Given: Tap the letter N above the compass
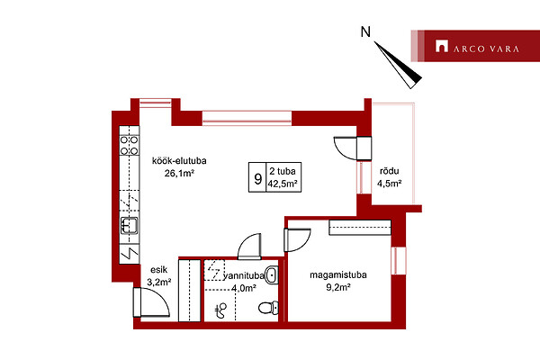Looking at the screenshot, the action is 365,32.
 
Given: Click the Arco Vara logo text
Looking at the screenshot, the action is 486,49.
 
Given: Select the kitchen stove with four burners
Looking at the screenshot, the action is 129,146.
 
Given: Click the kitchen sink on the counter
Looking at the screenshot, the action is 129,226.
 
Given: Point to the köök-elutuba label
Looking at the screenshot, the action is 179,161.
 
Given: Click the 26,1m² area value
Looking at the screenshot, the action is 179,174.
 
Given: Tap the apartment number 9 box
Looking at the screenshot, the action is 257,178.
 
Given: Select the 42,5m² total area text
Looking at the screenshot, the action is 283,184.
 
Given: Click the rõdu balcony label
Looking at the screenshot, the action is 389,171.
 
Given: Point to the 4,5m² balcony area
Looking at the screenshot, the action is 389,184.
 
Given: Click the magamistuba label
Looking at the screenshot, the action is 338,274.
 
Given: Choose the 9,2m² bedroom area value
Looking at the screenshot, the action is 338,287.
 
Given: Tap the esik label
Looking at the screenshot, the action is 158,270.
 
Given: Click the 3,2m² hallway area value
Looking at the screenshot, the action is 159,282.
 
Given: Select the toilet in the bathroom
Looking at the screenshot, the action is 268,308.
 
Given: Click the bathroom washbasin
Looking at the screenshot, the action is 272,274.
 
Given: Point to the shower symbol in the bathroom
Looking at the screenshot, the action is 220,310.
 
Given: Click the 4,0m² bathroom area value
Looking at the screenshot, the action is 244,288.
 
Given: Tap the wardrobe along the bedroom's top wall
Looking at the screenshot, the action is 360,228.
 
